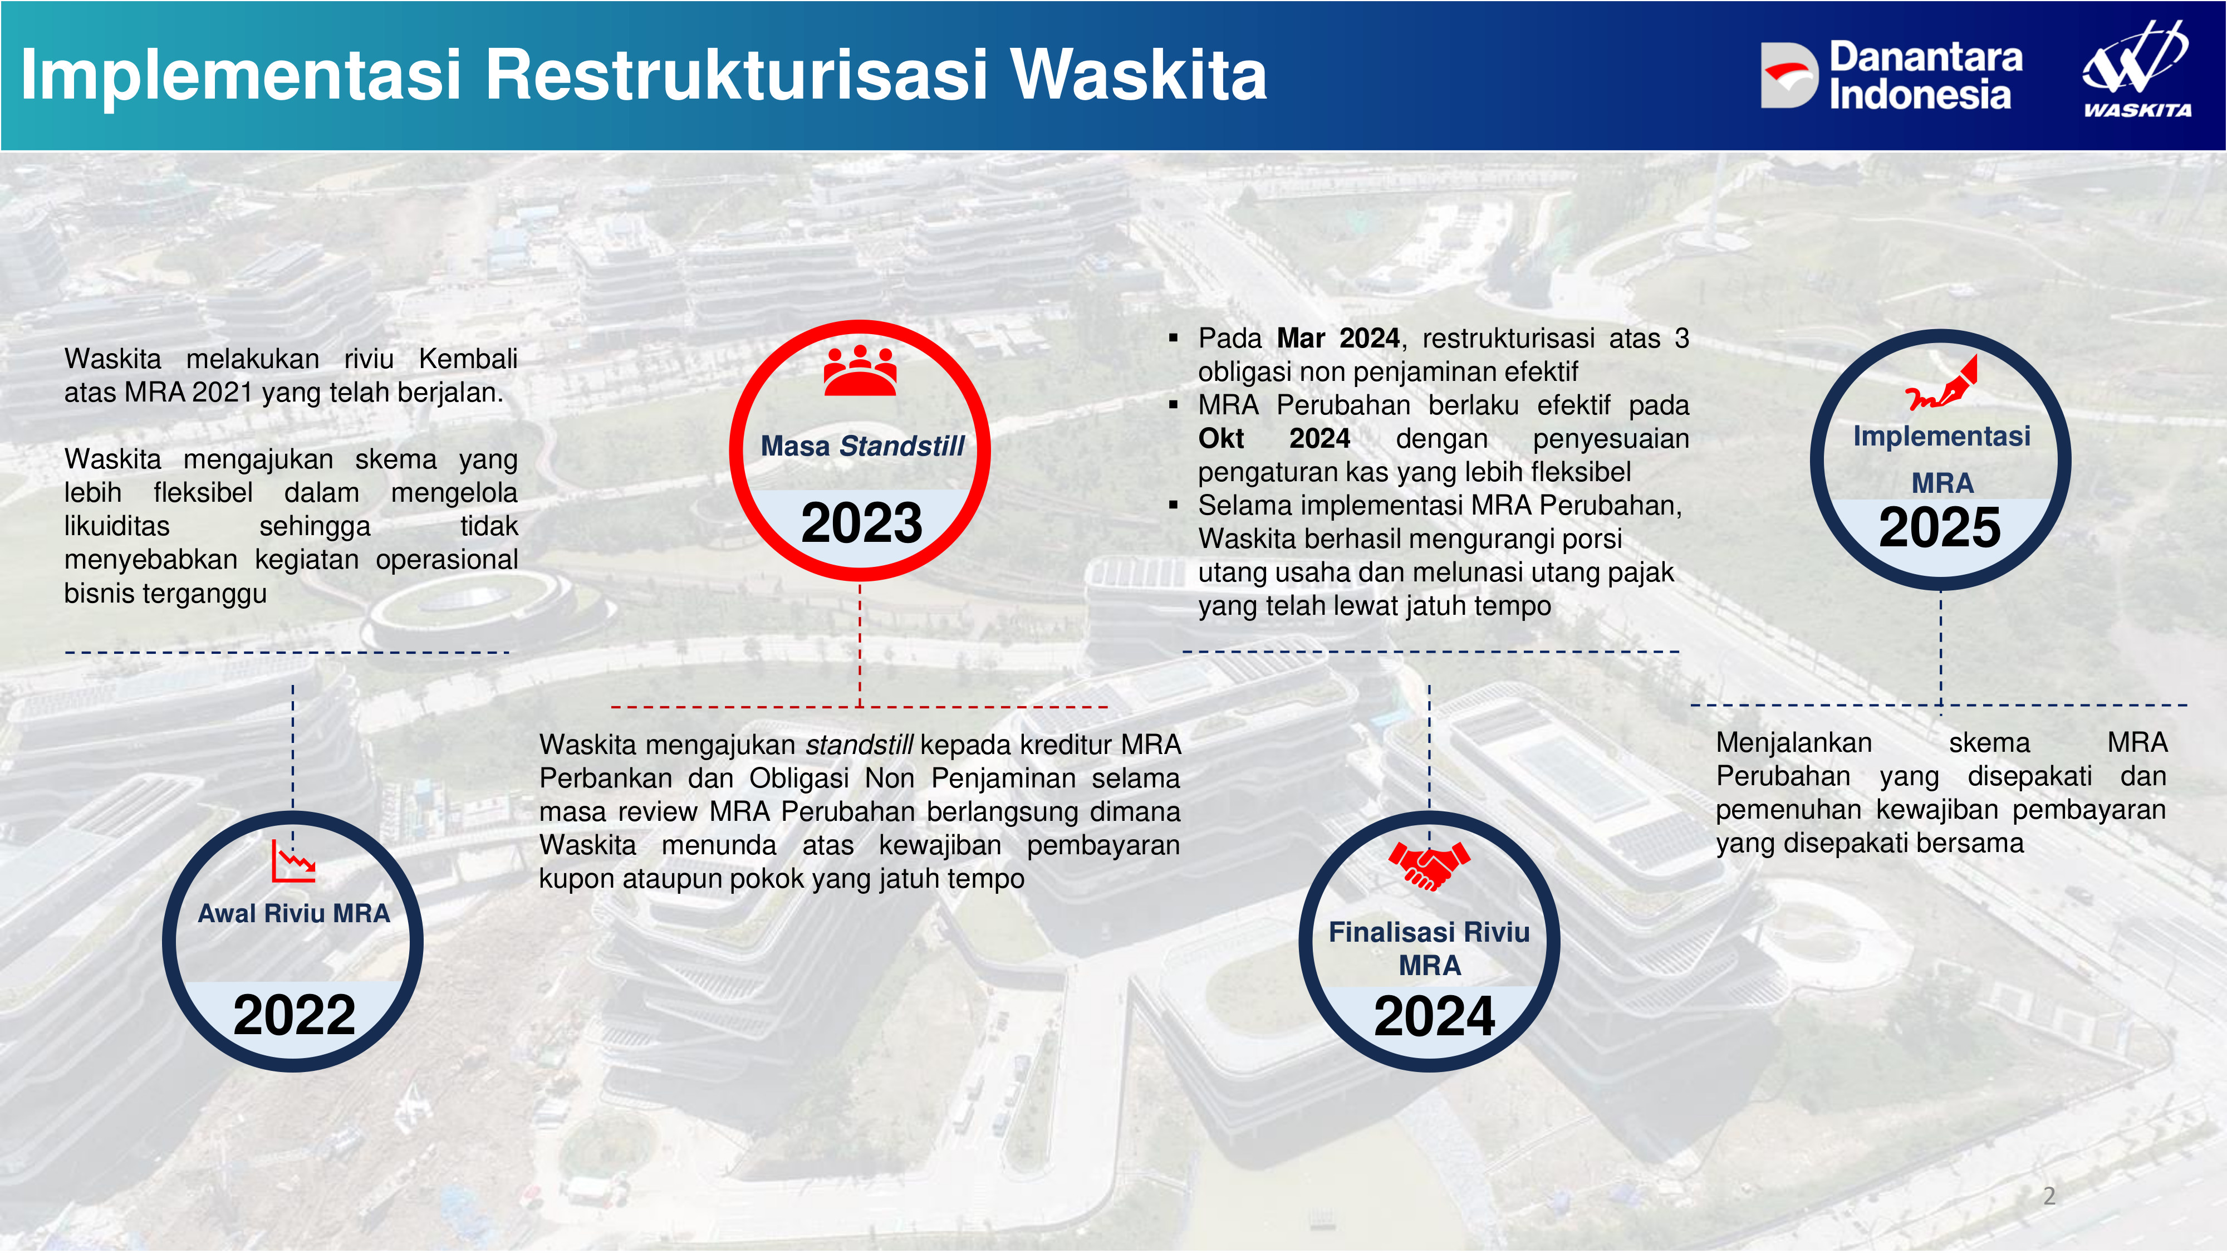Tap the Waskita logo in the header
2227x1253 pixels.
[2136, 68]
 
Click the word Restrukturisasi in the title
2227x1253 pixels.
[737, 75]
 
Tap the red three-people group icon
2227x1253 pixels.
[860, 370]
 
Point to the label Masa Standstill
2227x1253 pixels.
[862, 446]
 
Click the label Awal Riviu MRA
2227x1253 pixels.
[294, 913]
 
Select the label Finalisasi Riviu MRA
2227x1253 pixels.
[1429, 948]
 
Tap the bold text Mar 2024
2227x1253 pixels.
[1338, 338]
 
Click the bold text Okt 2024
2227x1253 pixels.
[1274, 438]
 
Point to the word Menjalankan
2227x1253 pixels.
[1794, 743]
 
